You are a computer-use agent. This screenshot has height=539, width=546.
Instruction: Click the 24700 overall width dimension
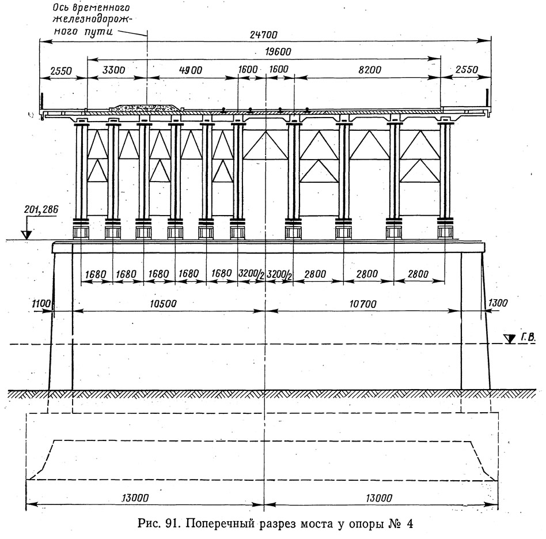pos(264,35)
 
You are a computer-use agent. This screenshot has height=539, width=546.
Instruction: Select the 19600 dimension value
pos(278,52)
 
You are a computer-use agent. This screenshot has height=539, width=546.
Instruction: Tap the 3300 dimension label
pos(113,70)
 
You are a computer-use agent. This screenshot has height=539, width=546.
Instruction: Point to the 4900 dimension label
pos(191,70)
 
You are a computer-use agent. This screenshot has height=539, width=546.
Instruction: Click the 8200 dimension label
pos(370,70)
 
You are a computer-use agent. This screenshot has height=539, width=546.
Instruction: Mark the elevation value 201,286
pos(41,209)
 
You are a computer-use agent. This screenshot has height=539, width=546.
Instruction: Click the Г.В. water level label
pos(528,337)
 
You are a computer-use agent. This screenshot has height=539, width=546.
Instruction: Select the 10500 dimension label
pos(163,304)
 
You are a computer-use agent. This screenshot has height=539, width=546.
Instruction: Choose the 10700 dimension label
pos(363,304)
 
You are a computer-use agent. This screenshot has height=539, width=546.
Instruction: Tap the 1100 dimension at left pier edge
pos(41,304)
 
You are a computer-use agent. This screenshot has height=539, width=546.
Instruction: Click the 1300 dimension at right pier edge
pos(498,303)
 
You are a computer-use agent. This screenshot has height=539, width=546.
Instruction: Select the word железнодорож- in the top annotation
pos(92,19)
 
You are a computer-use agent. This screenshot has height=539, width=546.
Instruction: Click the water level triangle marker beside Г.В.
pos(510,338)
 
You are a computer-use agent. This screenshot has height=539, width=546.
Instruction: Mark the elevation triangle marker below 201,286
pos(26,235)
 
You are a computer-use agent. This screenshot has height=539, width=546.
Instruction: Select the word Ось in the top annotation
pos(60,7)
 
